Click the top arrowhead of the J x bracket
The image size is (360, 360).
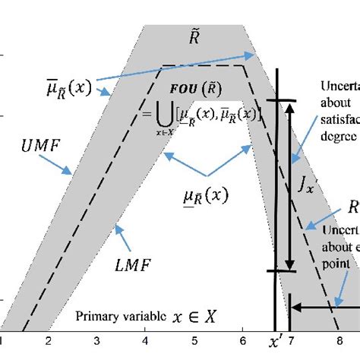289,106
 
